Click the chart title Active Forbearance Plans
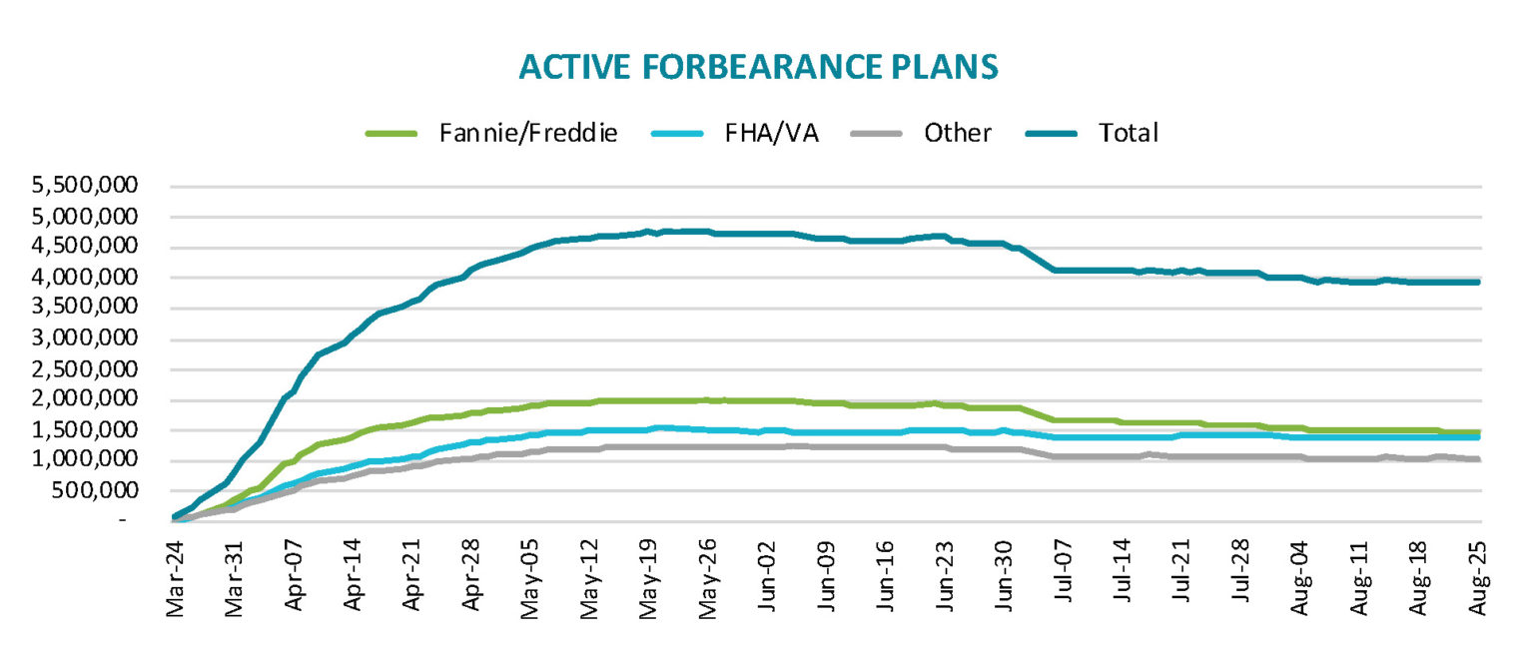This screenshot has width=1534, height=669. click(758, 67)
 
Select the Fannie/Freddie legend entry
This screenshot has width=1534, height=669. click(528, 133)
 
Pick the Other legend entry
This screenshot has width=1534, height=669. click(957, 133)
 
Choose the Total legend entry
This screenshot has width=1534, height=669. click(1128, 133)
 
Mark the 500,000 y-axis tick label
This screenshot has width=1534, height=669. click(96, 490)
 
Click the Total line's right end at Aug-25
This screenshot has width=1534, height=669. click(1477, 283)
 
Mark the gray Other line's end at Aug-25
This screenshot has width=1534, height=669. click(1477, 459)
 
